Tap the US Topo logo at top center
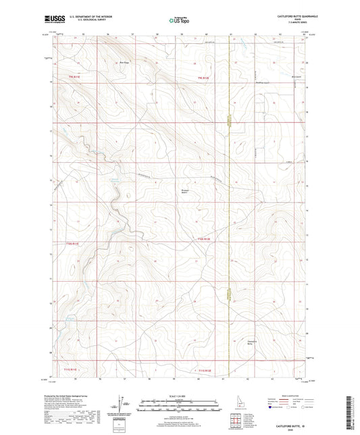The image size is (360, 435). [x=179, y=20]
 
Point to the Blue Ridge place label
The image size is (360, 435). [x=124, y=64]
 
